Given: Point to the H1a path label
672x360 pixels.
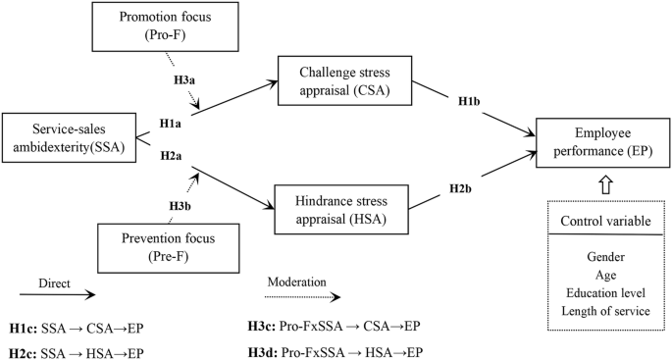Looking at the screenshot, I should pyautogui.click(x=171, y=125).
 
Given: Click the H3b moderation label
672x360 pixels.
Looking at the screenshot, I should pyautogui.click(x=180, y=205).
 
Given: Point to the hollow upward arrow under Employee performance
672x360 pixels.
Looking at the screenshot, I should pyautogui.click(x=598, y=183).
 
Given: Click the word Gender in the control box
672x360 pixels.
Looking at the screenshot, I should pyautogui.click(x=598, y=257).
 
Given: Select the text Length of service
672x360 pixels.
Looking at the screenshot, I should pyautogui.click(x=598, y=311).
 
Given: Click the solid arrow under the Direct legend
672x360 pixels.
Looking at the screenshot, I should pyautogui.click(x=57, y=293).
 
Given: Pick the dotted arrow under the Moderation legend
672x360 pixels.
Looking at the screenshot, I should pyautogui.click(x=304, y=293).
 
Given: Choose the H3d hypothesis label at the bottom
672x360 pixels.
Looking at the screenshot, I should pyautogui.click(x=269, y=349).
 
